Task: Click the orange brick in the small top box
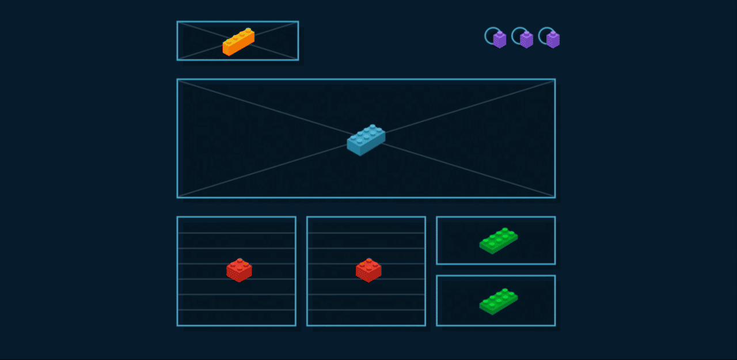[238, 41]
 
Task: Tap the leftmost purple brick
[499, 39]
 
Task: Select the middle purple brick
[526, 39]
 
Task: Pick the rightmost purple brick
[553, 39]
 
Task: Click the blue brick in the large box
[366, 140]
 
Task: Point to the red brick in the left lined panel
[239, 270]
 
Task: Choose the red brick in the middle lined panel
[368, 270]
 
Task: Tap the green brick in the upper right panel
[498, 241]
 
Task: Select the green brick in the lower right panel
[498, 302]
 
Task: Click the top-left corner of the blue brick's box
[177, 79]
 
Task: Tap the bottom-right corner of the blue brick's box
[554, 197]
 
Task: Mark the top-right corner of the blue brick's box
[554, 79]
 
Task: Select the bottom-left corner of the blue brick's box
[177, 197]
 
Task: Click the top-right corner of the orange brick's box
[298, 22]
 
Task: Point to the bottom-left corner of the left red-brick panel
[177, 325]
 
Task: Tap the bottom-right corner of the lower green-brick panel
[554, 325]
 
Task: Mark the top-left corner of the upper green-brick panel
[437, 217]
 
